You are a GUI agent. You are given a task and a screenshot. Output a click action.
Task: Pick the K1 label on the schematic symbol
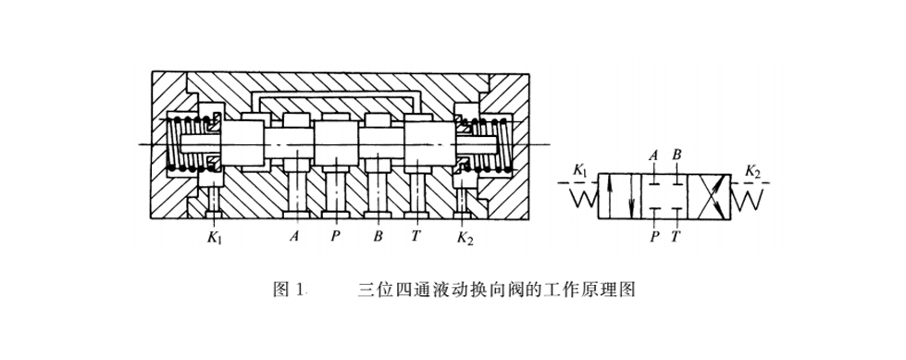[x=581, y=171]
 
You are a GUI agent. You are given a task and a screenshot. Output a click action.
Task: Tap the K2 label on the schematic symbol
[x=753, y=171]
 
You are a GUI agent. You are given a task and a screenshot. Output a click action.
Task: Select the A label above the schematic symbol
[x=654, y=155]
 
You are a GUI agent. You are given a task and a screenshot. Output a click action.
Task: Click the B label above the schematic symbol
[x=678, y=155]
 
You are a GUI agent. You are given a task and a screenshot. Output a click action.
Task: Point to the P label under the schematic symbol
[x=654, y=237]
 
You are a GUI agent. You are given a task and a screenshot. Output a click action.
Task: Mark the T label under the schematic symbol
[x=676, y=237]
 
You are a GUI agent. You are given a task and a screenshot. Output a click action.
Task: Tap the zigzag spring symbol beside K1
[x=580, y=196]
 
